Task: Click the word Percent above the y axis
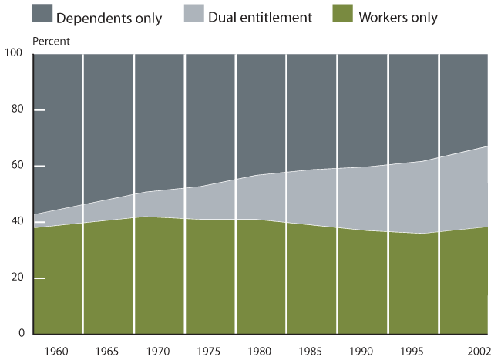pos(50,41)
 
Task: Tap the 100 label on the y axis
pos(15,53)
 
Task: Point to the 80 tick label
pos(18,109)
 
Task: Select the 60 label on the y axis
pos(18,166)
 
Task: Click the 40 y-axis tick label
pos(18,222)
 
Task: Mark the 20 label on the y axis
pos(18,278)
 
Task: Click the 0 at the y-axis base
pos(21,334)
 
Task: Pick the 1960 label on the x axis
pos(58,351)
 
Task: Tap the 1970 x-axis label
pos(160,351)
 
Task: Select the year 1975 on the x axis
pos(210,351)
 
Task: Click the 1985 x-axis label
pos(312,351)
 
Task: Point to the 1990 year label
pos(363,351)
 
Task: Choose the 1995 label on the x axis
pos(414,351)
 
